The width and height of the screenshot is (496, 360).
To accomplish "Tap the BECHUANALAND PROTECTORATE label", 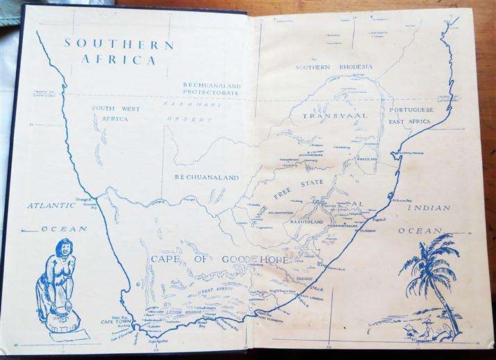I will [211, 89].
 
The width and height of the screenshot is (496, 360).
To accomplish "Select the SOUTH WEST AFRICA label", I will [116, 113].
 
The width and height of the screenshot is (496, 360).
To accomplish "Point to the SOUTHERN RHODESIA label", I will [334, 67].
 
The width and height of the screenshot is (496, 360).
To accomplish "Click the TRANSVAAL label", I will [334, 115].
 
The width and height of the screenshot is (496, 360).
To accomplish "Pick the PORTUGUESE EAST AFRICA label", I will [411, 115].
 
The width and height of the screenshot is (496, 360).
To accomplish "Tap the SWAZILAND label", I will [367, 159].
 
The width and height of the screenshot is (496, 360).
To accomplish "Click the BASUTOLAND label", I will [304, 222].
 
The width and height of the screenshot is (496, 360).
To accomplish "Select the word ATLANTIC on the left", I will [51, 205].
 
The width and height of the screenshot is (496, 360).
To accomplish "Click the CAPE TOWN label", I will [116, 322].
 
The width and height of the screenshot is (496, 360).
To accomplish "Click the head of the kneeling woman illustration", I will [63, 248].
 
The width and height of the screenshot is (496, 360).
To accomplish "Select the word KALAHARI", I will [182, 103].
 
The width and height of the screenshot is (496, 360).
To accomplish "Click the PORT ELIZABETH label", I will [271, 320].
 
